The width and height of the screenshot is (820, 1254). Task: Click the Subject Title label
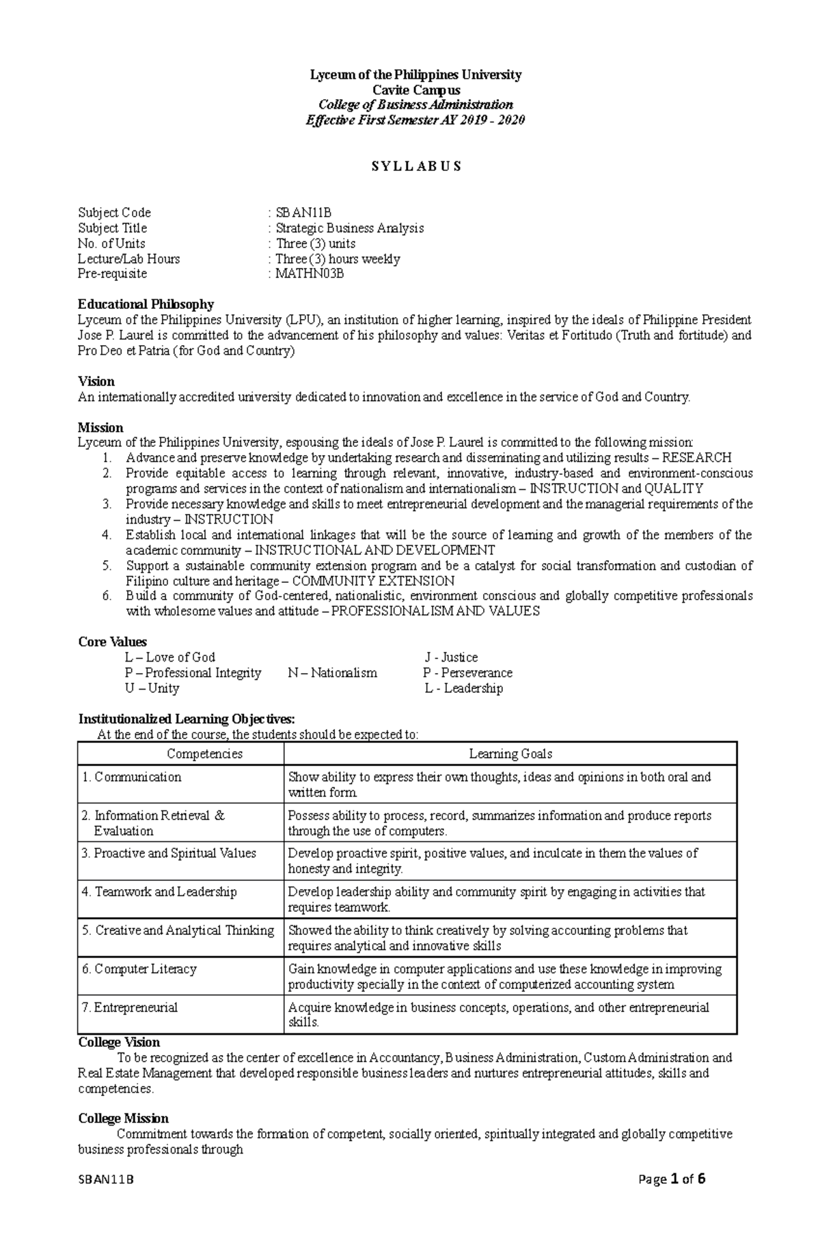point(112,228)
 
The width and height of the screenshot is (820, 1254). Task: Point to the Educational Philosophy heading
point(146,304)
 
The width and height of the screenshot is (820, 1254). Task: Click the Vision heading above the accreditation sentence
point(96,381)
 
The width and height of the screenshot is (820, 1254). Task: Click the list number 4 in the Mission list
point(107,535)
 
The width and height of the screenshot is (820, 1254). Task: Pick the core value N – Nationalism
point(332,673)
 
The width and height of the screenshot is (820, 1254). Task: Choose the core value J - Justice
point(451,657)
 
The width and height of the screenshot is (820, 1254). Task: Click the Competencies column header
point(204,754)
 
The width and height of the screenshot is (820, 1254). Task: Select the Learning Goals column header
point(510,754)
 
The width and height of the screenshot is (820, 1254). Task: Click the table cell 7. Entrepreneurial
point(129,1007)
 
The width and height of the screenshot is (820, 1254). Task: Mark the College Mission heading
point(123,1119)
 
